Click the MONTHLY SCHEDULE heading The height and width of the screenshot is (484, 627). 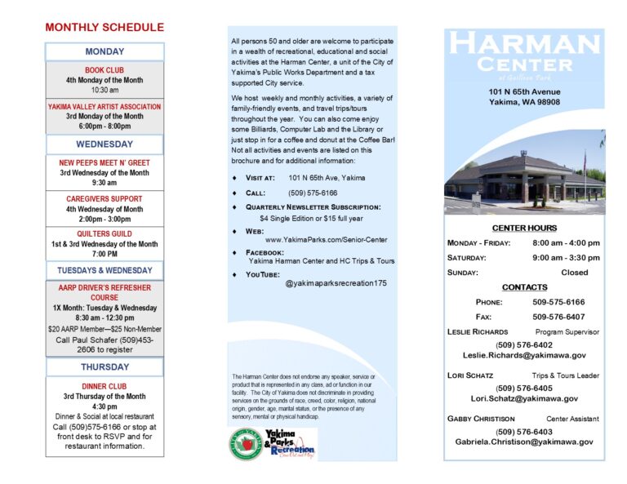tap(104, 28)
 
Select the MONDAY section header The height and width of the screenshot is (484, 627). tap(104, 52)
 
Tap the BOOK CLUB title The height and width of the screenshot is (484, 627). tap(104, 70)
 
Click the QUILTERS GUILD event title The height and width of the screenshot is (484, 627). tap(104, 233)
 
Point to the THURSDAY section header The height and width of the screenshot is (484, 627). tap(104, 367)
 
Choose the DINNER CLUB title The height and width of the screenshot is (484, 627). tap(104, 386)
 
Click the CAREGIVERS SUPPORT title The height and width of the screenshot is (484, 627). tap(104, 198)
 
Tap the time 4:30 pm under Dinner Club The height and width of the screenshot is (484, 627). tap(104, 406)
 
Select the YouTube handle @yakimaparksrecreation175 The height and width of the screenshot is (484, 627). tap(336, 283)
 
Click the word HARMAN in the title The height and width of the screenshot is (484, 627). tap(524, 44)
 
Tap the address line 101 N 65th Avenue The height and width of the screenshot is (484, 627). tap(525, 91)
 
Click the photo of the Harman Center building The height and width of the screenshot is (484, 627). tap(524, 175)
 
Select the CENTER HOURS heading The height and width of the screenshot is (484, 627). tap(524, 228)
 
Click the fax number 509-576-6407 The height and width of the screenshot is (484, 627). tap(558, 317)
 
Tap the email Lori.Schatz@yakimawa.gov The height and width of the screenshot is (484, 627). tap(524, 399)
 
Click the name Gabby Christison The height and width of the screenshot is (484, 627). tap(482, 419)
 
